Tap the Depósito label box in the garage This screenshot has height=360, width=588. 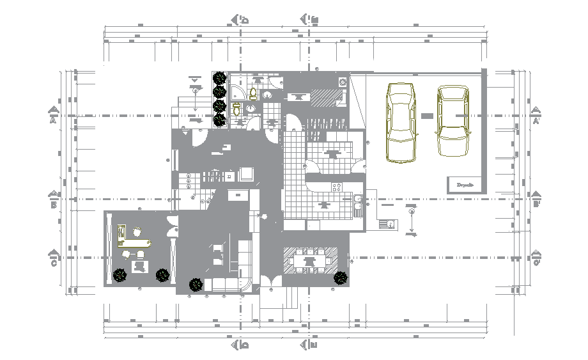pos(465,185)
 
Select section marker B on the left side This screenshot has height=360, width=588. pos(54,199)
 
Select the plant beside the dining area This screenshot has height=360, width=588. pos(341,278)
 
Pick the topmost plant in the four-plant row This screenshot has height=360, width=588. pos(220,78)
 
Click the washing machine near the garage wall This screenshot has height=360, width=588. pos(343,82)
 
